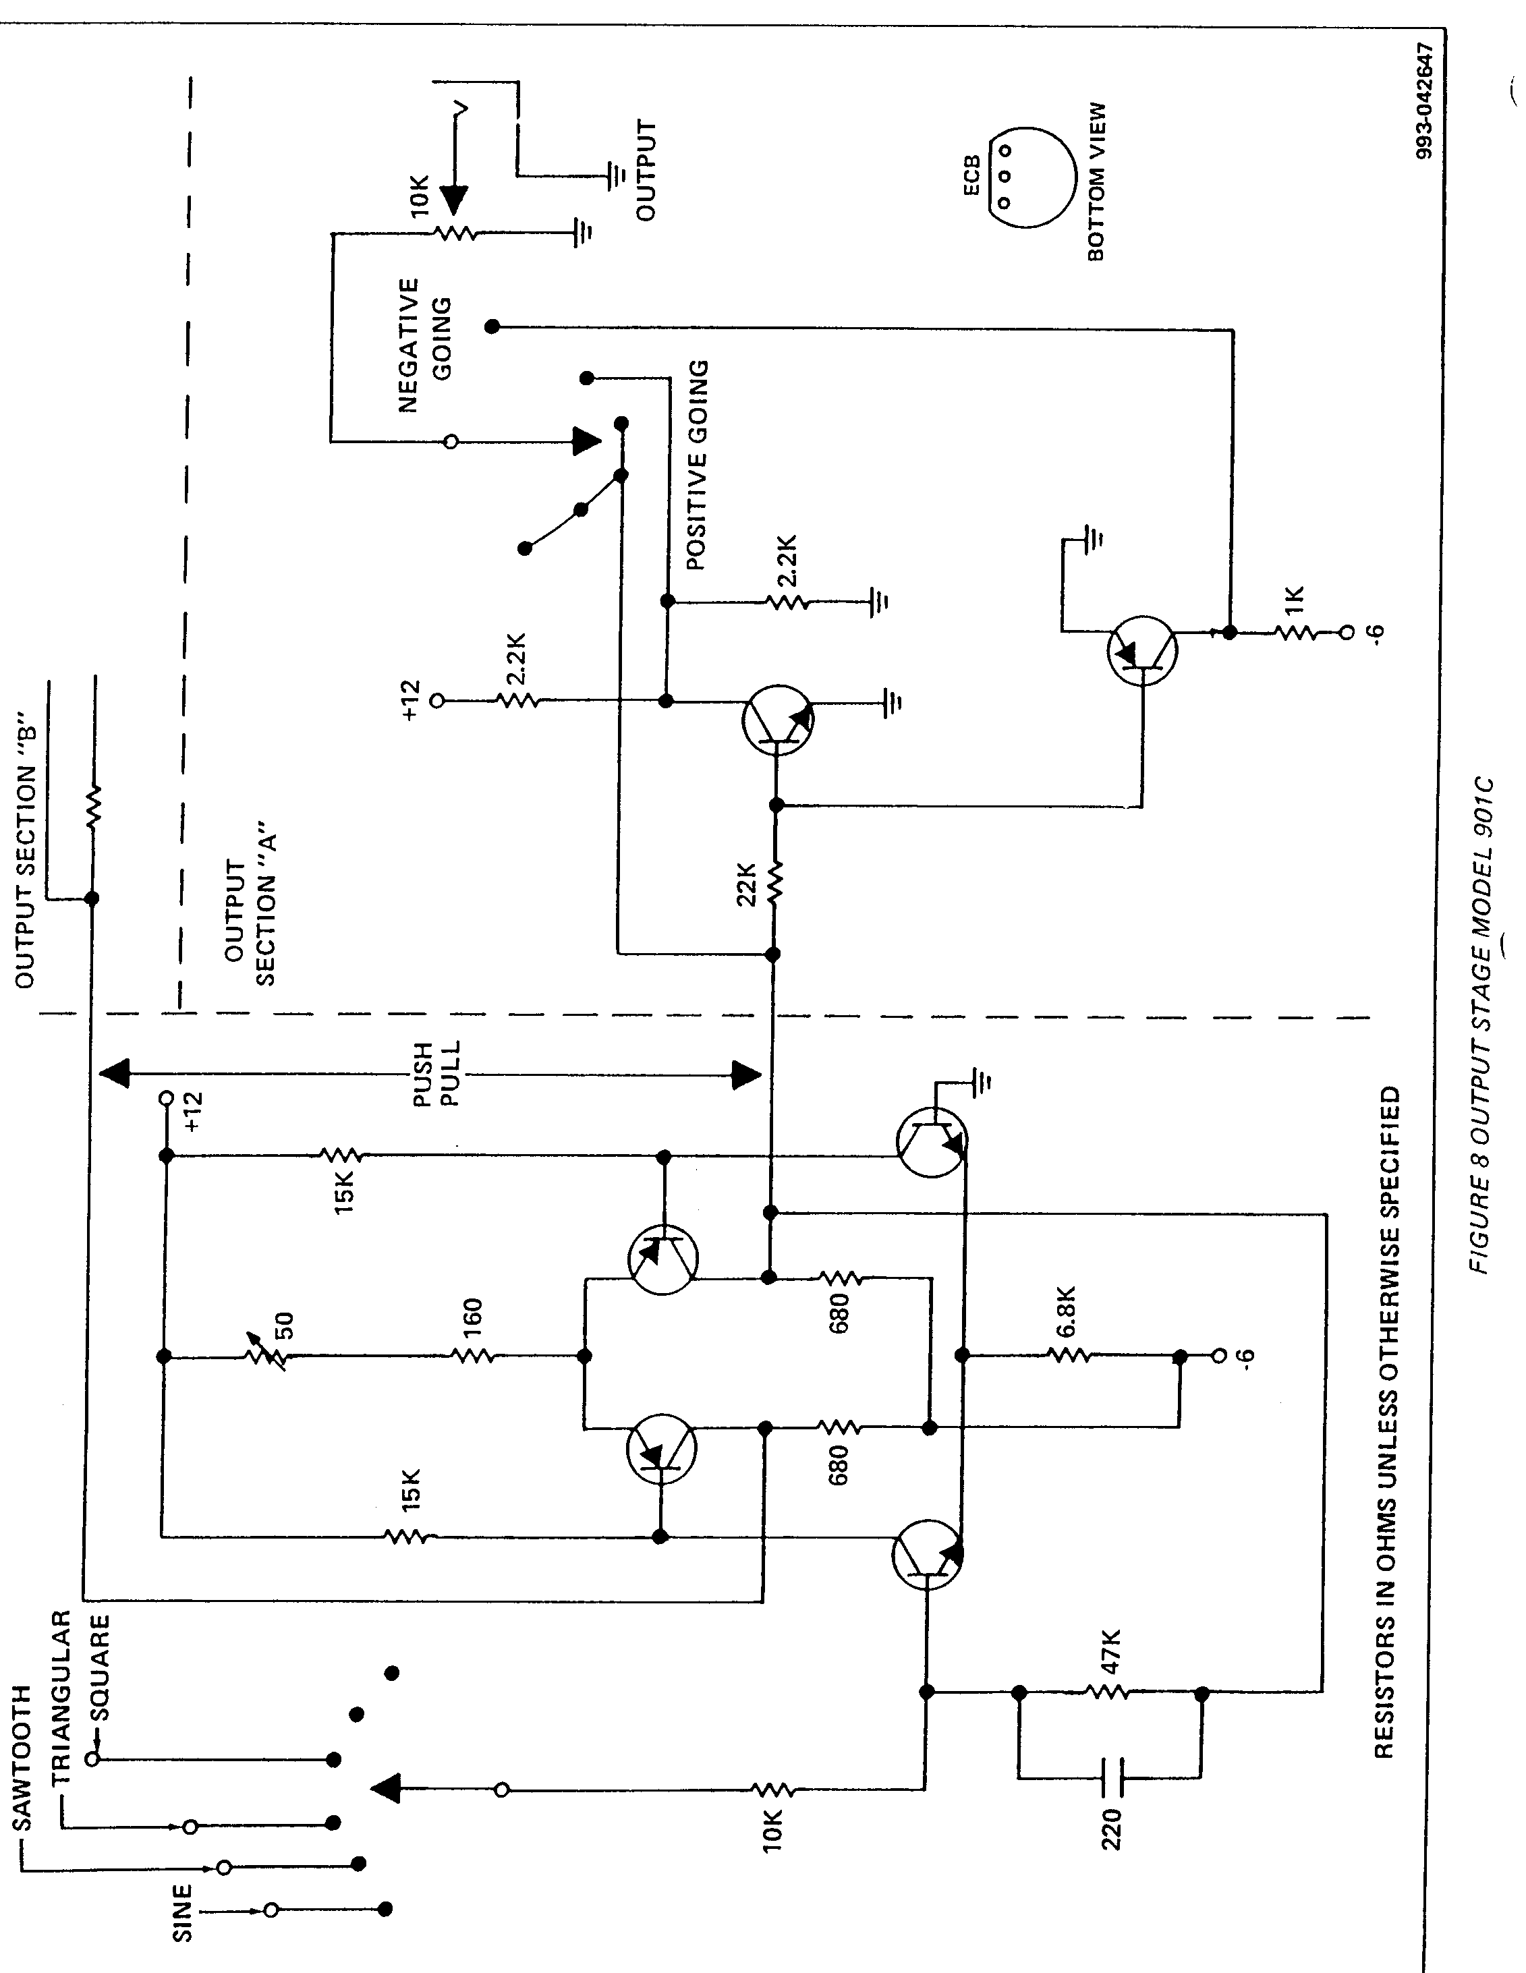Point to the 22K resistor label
[745, 884]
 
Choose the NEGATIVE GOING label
[424, 345]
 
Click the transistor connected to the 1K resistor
[1142, 650]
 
